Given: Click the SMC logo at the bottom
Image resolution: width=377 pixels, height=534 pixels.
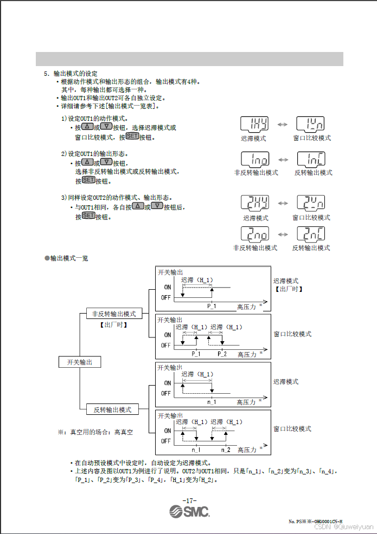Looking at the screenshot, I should click(x=189, y=512).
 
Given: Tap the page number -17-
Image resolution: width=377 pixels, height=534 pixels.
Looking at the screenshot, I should click(x=189, y=500).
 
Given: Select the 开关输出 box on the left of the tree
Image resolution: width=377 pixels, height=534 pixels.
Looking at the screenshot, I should click(x=80, y=362).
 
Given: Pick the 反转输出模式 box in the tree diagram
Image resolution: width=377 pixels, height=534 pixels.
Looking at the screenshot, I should click(x=113, y=409).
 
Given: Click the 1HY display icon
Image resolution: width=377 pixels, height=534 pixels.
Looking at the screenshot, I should click(x=254, y=125).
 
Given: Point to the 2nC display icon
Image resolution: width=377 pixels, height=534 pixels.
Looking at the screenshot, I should click(x=311, y=234).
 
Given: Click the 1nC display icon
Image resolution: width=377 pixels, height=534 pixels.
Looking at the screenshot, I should click(x=311, y=159).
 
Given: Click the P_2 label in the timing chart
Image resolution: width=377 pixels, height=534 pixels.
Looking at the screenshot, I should click(x=222, y=354).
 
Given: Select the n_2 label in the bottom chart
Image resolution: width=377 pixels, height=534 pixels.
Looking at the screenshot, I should click(x=225, y=450).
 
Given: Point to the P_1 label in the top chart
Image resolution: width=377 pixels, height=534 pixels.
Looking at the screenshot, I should click(x=212, y=306).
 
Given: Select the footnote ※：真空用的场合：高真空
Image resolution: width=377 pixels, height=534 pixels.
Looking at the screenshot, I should click(x=95, y=432).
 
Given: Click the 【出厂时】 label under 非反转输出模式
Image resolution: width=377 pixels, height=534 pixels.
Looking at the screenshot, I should click(x=113, y=325).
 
